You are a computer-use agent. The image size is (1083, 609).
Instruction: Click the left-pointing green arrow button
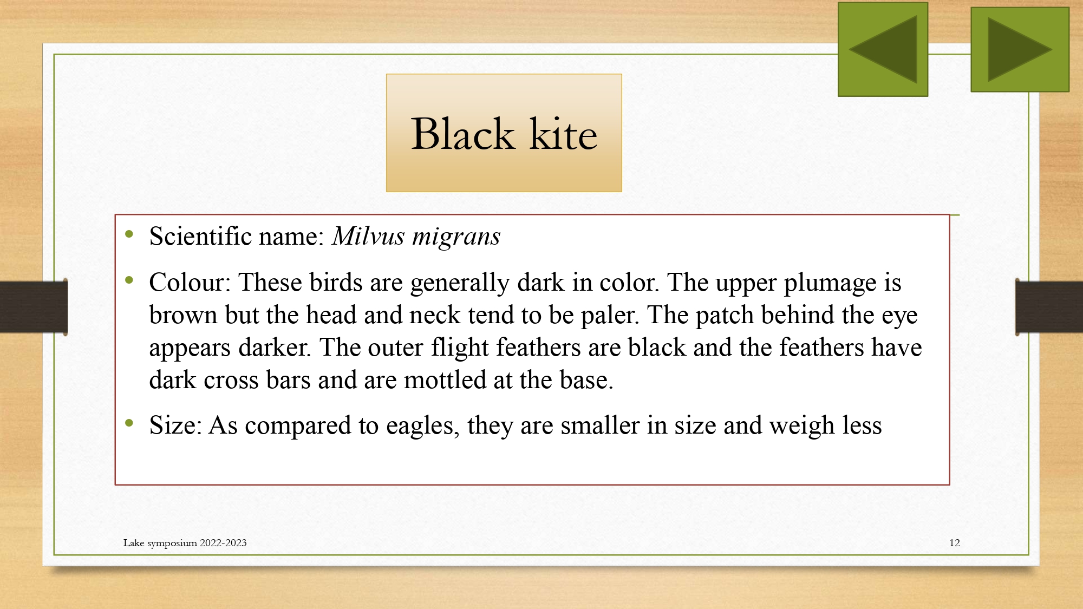tap(883, 49)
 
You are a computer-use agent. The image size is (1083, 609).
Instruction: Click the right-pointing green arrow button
tap(1020, 49)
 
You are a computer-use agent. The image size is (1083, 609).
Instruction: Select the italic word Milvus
tap(368, 236)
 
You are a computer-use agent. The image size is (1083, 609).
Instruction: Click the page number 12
tap(955, 543)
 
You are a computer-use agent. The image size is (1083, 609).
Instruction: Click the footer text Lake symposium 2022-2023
tap(185, 543)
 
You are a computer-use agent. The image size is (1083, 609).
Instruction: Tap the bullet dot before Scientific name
tap(129, 234)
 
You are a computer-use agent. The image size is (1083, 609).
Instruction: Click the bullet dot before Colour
tap(129, 280)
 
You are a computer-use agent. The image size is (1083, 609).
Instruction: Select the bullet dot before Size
tap(129, 423)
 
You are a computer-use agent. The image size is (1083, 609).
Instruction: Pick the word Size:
tap(175, 425)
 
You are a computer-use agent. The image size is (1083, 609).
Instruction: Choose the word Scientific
tap(200, 236)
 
